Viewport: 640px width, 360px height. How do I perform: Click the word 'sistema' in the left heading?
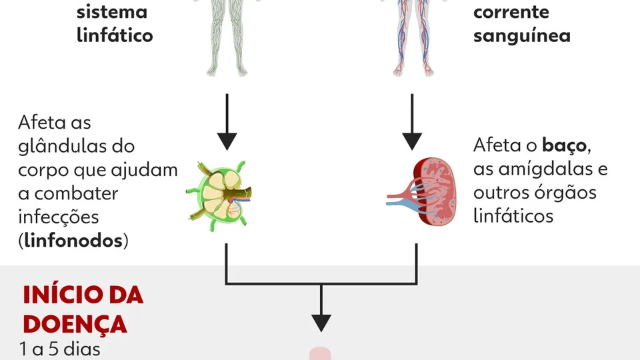point(112,11)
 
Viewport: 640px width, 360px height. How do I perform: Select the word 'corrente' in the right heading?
point(511,11)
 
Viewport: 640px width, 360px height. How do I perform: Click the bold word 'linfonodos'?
point(74,241)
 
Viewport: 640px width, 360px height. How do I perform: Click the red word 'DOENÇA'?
point(75,323)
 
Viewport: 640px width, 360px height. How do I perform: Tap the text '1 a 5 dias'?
point(59,349)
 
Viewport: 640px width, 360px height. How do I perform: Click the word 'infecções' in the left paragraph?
point(58,217)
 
